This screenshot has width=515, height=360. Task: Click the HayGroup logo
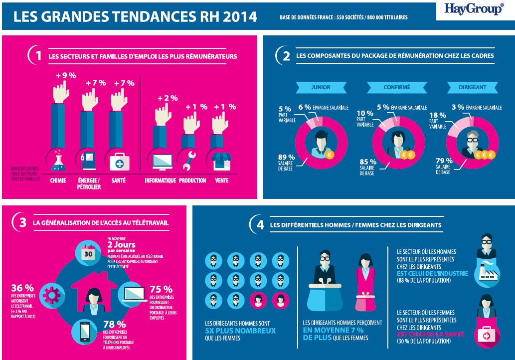pyautogui.click(x=474, y=9)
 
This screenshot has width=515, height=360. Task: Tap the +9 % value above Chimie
pyautogui.click(x=65, y=76)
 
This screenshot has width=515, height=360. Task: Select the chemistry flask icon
pyautogui.click(x=59, y=161)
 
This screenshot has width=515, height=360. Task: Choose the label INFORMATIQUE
pyautogui.click(x=160, y=180)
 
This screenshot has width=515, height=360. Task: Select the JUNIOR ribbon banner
pyautogui.click(x=320, y=87)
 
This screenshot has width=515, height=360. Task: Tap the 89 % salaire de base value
pyautogui.click(x=286, y=157)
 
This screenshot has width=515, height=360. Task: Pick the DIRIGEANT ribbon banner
pyautogui.click(x=472, y=87)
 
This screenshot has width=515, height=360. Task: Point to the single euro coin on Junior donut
pyautogui.click(x=329, y=155)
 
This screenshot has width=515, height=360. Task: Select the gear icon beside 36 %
pyautogui.click(x=51, y=295)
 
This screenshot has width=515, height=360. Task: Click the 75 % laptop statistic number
pyautogui.click(x=161, y=289)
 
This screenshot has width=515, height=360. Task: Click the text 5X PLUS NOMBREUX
pyautogui.click(x=240, y=331)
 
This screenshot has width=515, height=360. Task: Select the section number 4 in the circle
pyautogui.click(x=260, y=225)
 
